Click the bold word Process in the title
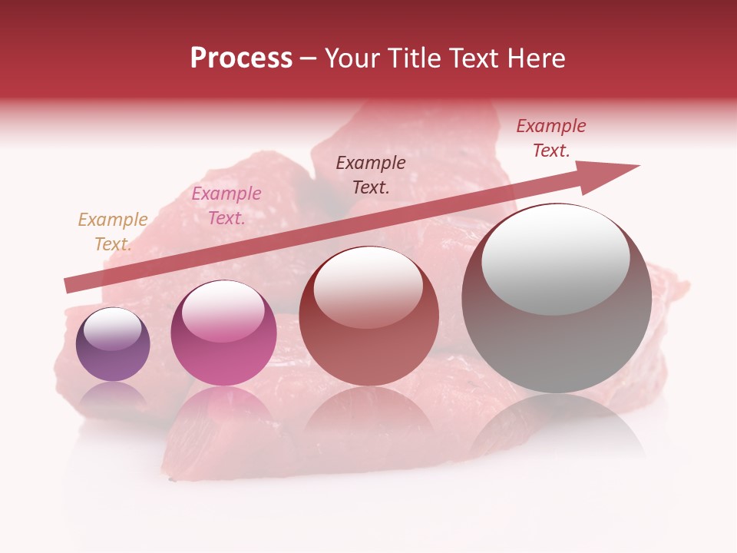pyautogui.click(x=241, y=58)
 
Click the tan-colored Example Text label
pyautogui.click(x=113, y=232)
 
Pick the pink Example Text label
pyautogui.click(x=226, y=206)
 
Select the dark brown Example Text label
pyautogui.click(x=371, y=174)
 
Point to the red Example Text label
pyautogui.click(x=551, y=138)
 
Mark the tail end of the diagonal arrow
pyautogui.click(x=68, y=286)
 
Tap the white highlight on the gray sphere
pyautogui.click(x=555, y=260)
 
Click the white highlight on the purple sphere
pyautogui.click(x=112, y=329)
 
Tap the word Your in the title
pyautogui.click(x=352, y=58)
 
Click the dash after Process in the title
pyautogui.click(x=308, y=58)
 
